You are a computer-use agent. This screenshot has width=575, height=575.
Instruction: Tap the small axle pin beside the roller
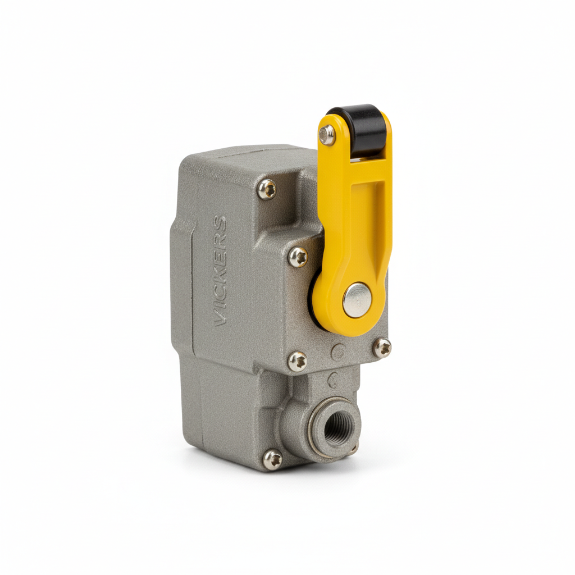327,135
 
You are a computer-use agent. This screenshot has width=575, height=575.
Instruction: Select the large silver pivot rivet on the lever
357,300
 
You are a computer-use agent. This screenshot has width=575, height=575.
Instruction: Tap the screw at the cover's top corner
267,189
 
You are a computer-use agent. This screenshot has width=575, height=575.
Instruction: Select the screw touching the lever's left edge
298,257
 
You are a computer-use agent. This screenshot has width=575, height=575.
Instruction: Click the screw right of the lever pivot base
382,348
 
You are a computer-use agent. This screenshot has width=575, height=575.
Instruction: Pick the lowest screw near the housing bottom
273,460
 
